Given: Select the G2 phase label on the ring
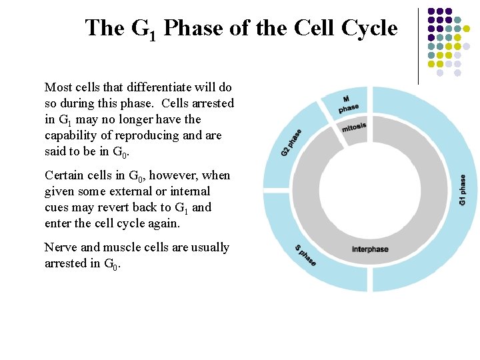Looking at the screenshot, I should point(291,143).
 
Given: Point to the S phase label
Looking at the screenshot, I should point(305,255).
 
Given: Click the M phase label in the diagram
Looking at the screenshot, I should point(347,103).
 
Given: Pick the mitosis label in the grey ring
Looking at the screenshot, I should point(354,127).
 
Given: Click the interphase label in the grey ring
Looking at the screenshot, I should point(370,249).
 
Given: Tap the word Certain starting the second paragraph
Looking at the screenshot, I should point(64,175).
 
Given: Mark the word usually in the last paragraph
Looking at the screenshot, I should point(207,247).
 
